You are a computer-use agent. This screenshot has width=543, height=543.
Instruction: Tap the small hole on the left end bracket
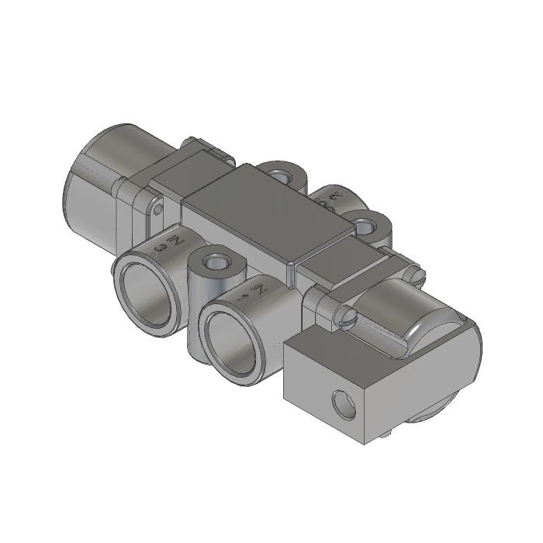(159, 209)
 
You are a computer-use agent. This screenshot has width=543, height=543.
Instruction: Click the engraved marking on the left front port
(170, 246)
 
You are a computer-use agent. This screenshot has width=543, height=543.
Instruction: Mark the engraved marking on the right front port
(255, 293)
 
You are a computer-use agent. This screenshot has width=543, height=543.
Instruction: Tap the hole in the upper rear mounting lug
(283, 173)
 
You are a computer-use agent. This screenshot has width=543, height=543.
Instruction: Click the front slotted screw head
(347, 316)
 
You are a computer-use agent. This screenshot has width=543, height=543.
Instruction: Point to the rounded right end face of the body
(458, 365)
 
